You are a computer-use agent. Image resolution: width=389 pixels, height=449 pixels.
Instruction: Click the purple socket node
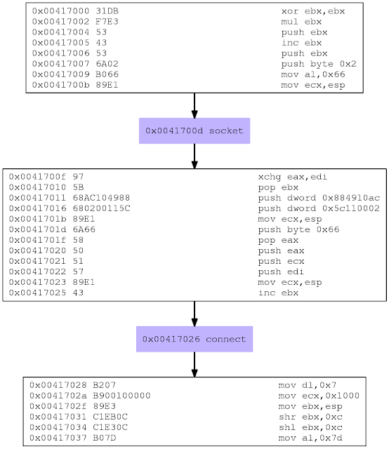pyautogui.click(x=194, y=131)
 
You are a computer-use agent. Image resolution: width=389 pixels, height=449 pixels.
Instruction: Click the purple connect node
pyautogui.click(x=194, y=339)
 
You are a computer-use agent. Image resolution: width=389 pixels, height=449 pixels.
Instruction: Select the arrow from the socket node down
pyautogui.click(x=194, y=156)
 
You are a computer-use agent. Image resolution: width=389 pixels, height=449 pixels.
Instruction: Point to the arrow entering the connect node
pyautogui.click(x=194, y=314)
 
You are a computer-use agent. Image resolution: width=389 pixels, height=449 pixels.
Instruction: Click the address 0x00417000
pyautogui.click(x=61, y=11)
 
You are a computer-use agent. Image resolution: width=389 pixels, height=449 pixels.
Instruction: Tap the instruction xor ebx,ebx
pyautogui.click(x=313, y=11)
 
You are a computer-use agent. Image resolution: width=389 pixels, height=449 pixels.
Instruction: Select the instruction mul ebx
pyautogui.click(x=301, y=22)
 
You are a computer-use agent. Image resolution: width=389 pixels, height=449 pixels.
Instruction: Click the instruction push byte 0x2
pyautogui.click(x=319, y=64)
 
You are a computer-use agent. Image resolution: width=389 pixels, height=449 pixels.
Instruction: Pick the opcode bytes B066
pyautogui.click(x=107, y=74)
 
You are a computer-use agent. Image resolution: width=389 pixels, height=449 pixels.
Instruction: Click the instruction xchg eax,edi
pyautogui.click(x=292, y=177)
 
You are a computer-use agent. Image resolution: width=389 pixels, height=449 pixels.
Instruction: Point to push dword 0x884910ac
pyautogui.click(x=319, y=198)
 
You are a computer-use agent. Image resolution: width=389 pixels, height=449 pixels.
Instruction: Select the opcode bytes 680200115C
pyautogui.click(x=102, y=208)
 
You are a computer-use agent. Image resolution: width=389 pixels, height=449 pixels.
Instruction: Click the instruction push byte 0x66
pyautogui.click(x=298, y=229)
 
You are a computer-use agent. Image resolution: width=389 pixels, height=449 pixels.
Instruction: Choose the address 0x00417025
pyautogui.click(x=37, y=293)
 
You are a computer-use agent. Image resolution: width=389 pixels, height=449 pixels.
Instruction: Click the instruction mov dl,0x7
pyautogui.click(x=308, y=385)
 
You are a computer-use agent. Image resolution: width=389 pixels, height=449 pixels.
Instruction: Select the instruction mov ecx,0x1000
pyautogui.click(x=319, y=396)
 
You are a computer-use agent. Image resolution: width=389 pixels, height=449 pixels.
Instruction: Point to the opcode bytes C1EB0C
pyautogui.click(x=110, y=417)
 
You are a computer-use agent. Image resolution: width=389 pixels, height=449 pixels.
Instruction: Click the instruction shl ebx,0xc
pyautogui.click(x=310, y=427)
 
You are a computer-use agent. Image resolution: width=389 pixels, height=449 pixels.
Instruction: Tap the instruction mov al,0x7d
pyautogui.click(x=310, y=438)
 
